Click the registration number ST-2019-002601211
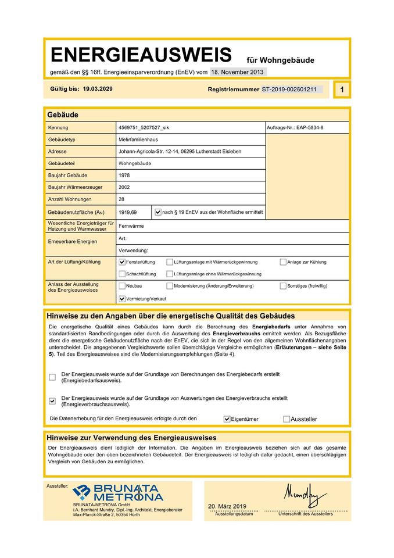289,90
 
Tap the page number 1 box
342,90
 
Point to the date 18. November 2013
237,72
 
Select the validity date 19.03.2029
98,90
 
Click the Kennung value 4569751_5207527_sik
144,127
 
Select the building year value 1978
124,175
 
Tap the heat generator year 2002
124,187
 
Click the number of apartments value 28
121,199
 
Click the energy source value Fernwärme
131,225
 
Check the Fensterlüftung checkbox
121,262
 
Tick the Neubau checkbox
121,286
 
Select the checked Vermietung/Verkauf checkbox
121,299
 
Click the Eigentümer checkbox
227,419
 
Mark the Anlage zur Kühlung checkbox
283,262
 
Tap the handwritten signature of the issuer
305,495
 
